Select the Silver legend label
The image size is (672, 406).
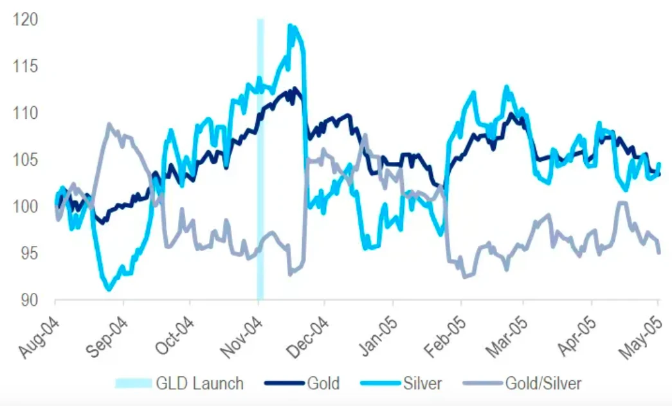(421, 384)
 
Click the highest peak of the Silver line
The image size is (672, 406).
(291, 26)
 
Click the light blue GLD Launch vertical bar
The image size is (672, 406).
(260, 161)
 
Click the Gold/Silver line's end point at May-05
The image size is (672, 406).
(658, 252)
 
